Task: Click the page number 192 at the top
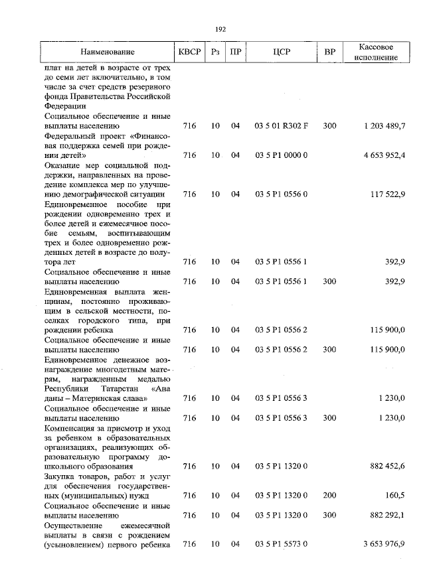pos(221,29)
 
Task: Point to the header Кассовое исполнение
pos(376,52)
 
